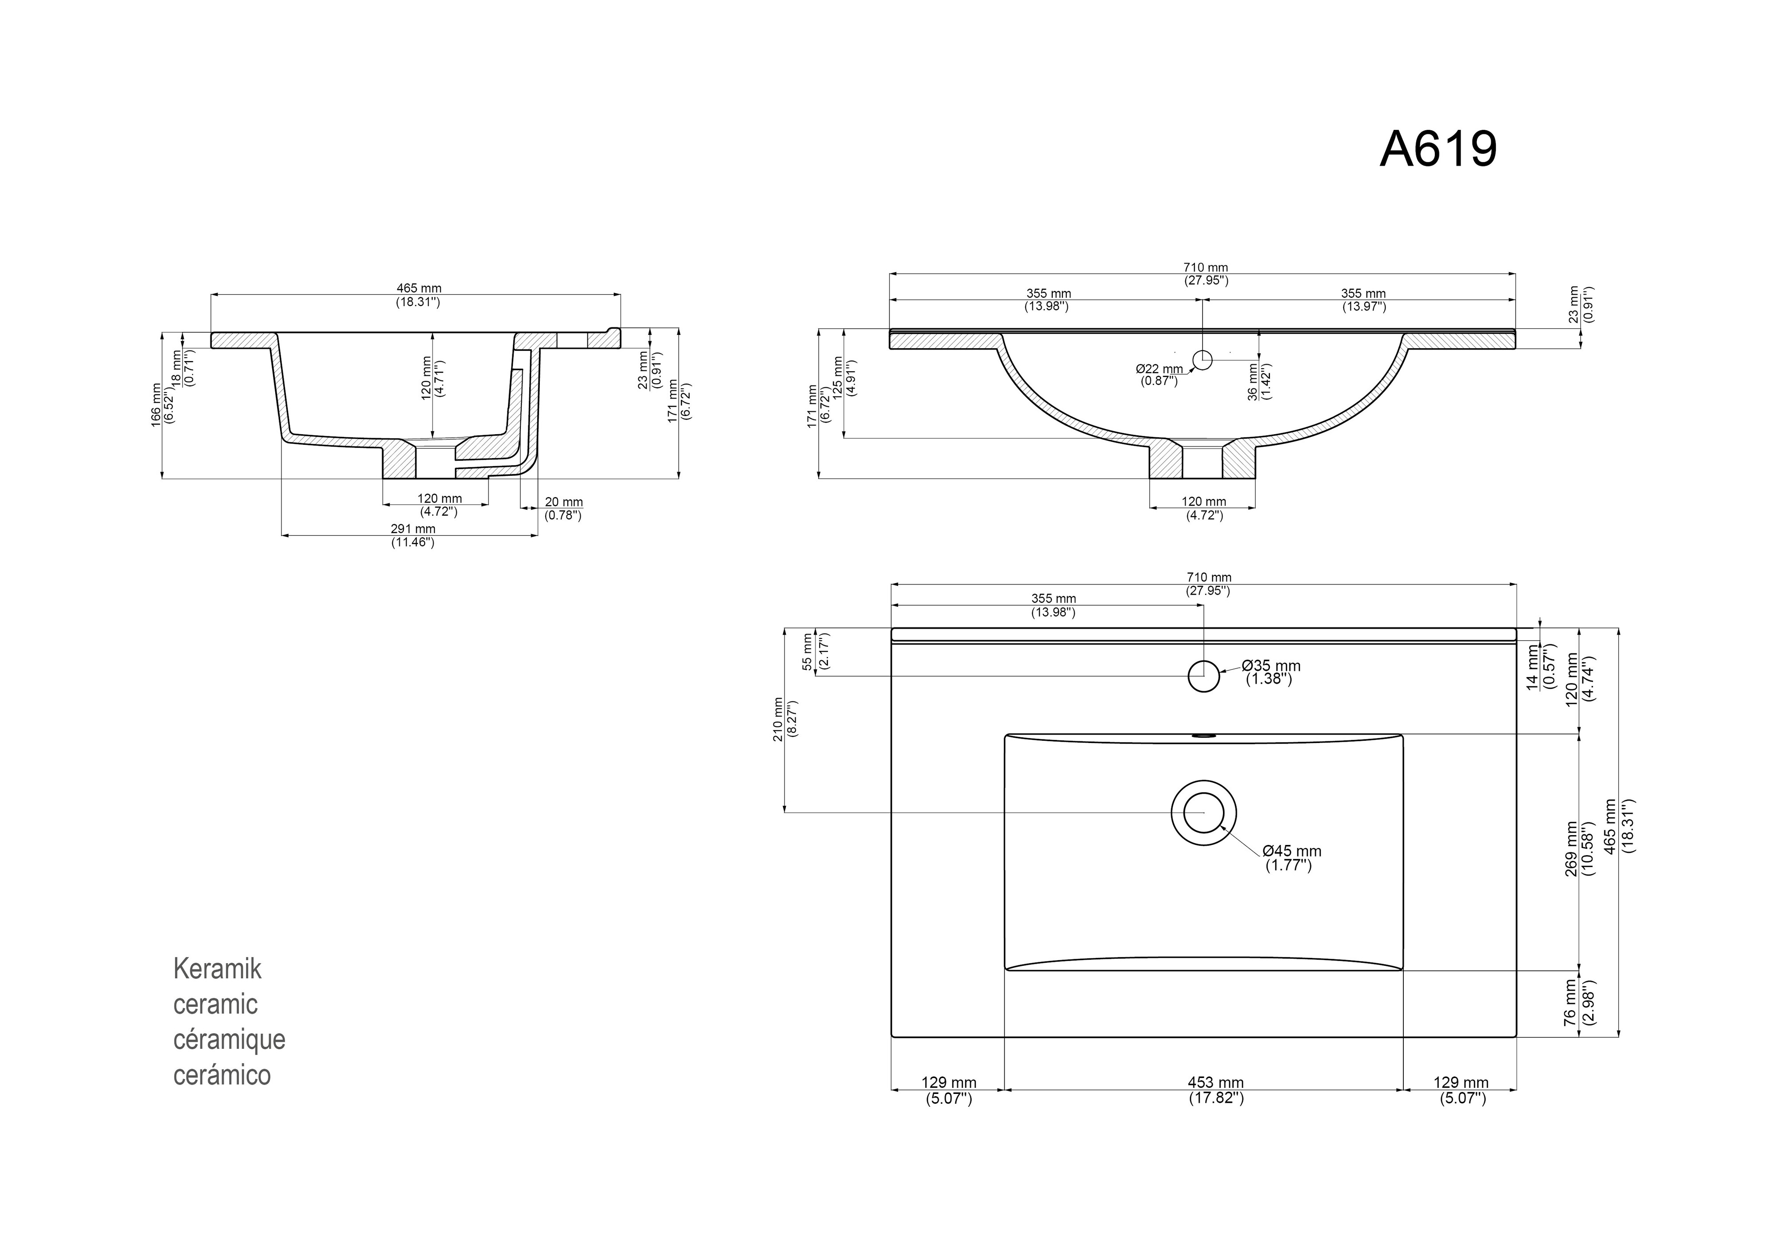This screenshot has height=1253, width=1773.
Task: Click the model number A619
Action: [1438, 149]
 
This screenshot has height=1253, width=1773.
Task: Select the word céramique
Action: [229, 1040]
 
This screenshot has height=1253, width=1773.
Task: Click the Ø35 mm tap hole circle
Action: [1203, 676]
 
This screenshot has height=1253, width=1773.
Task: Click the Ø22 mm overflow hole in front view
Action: [1203, 359]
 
